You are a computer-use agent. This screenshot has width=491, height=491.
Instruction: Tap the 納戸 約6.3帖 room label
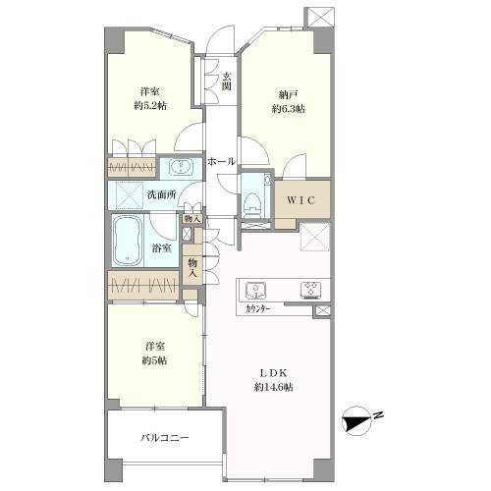[287, 102]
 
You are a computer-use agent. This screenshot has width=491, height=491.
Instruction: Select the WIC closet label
[302, 199]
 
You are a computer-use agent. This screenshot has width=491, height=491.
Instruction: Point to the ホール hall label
[220, 161]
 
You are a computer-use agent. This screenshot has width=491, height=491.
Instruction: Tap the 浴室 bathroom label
[162, 248]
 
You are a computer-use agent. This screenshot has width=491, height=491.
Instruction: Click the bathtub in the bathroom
[129, 242]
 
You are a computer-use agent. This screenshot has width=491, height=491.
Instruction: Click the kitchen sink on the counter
[257, 290]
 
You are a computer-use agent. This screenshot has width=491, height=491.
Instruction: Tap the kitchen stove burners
[311, 290]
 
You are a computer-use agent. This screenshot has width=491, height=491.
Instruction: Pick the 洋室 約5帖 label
[152, 353]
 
